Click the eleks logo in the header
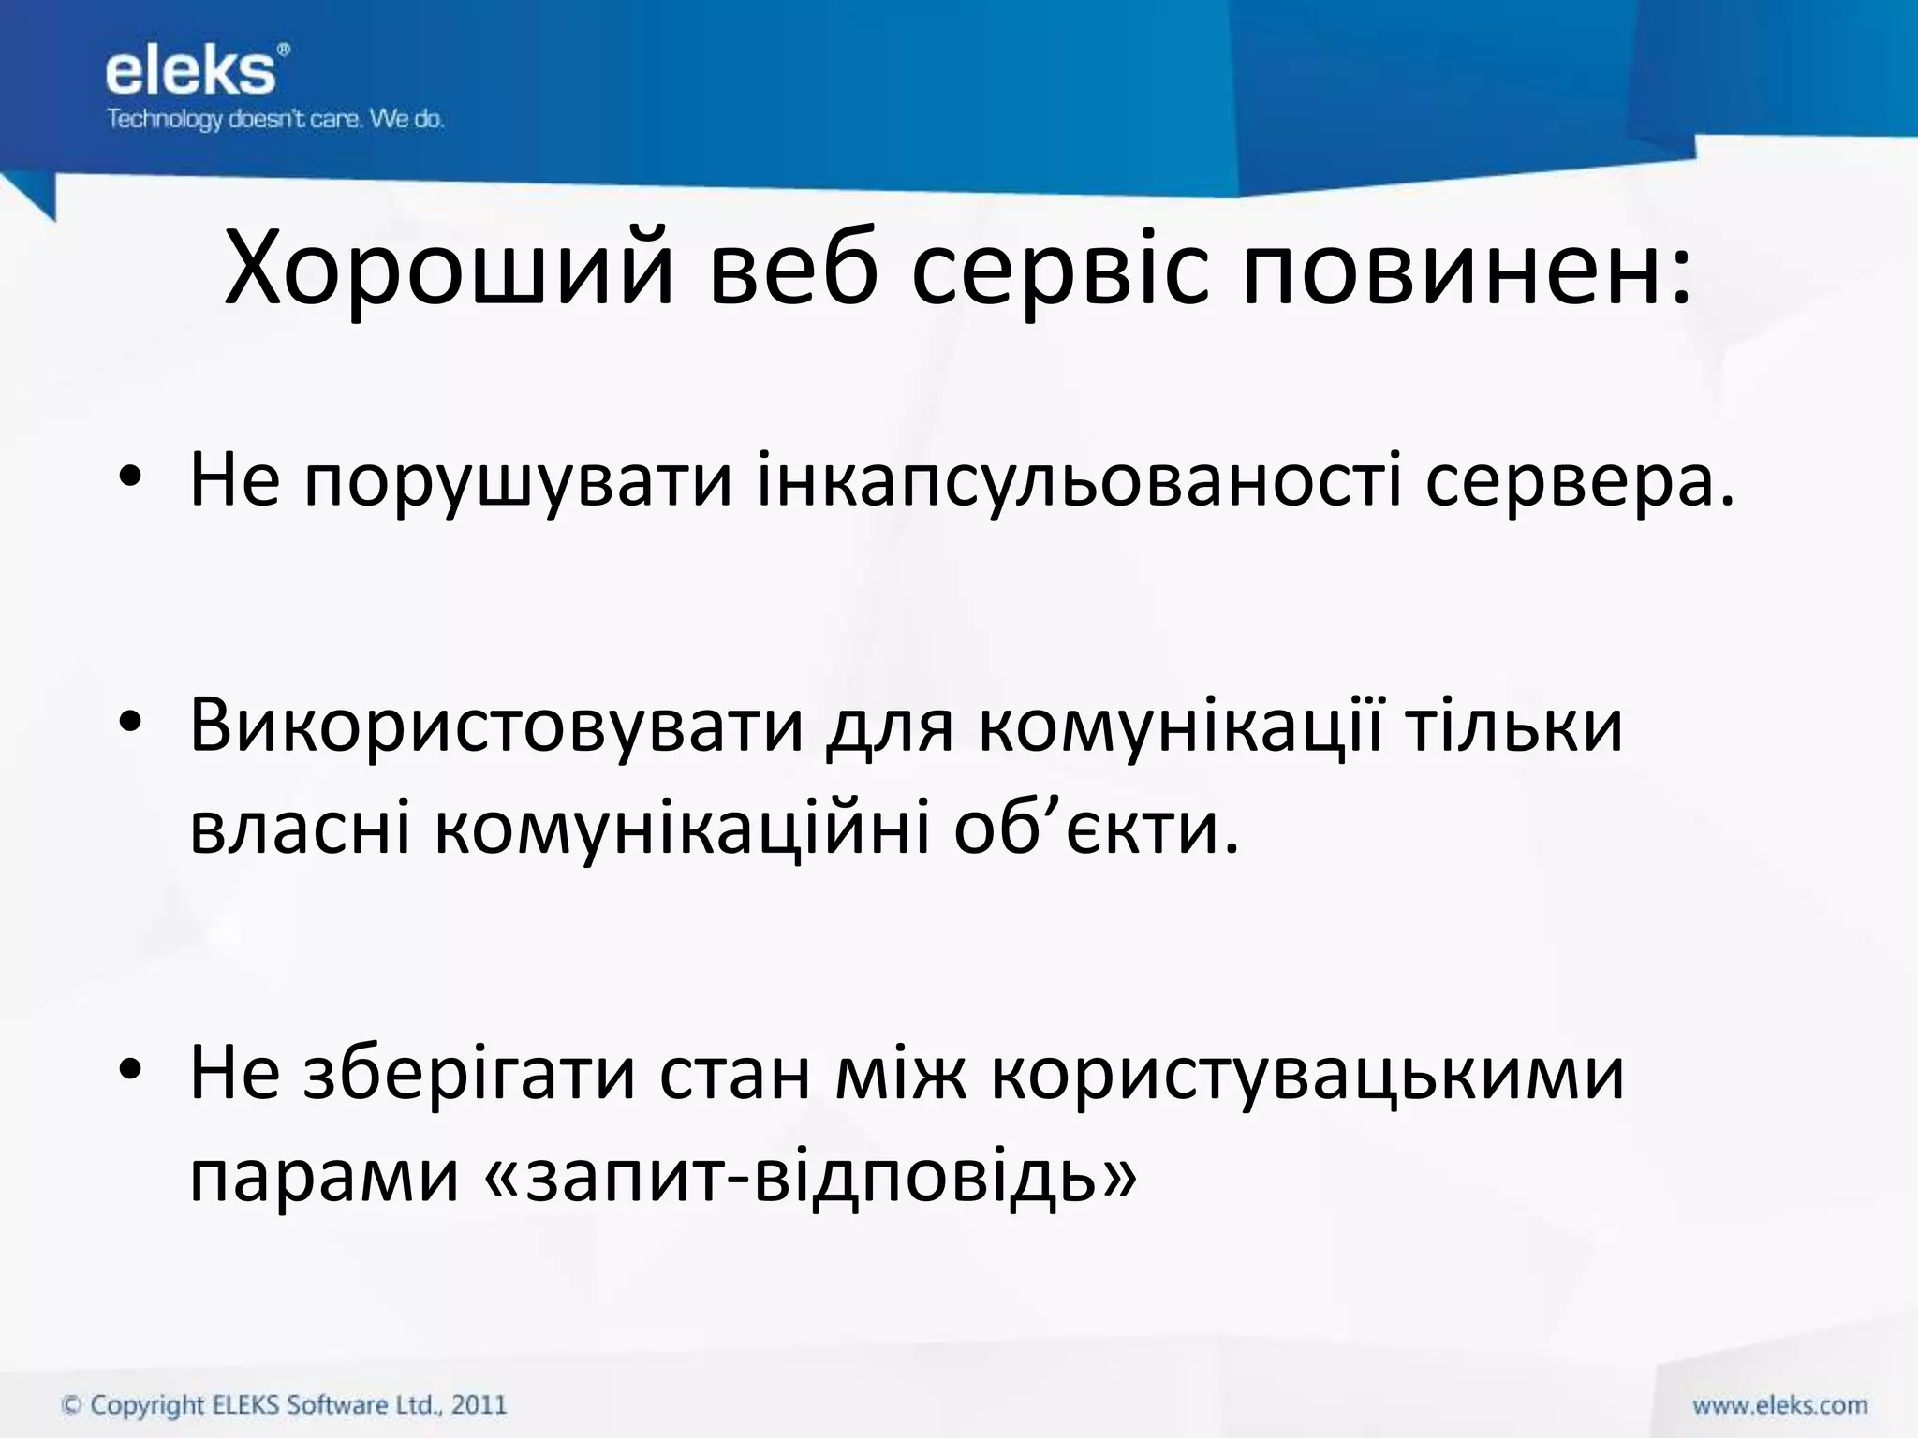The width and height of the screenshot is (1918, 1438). [x=191, y=72]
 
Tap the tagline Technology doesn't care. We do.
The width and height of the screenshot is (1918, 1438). [x=274, y=120]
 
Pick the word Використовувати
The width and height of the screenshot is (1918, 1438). [x=496, y=726]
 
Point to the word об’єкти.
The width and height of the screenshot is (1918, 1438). [x=1096, y=829]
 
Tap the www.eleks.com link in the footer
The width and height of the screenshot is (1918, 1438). [x=1779, y=1405]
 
